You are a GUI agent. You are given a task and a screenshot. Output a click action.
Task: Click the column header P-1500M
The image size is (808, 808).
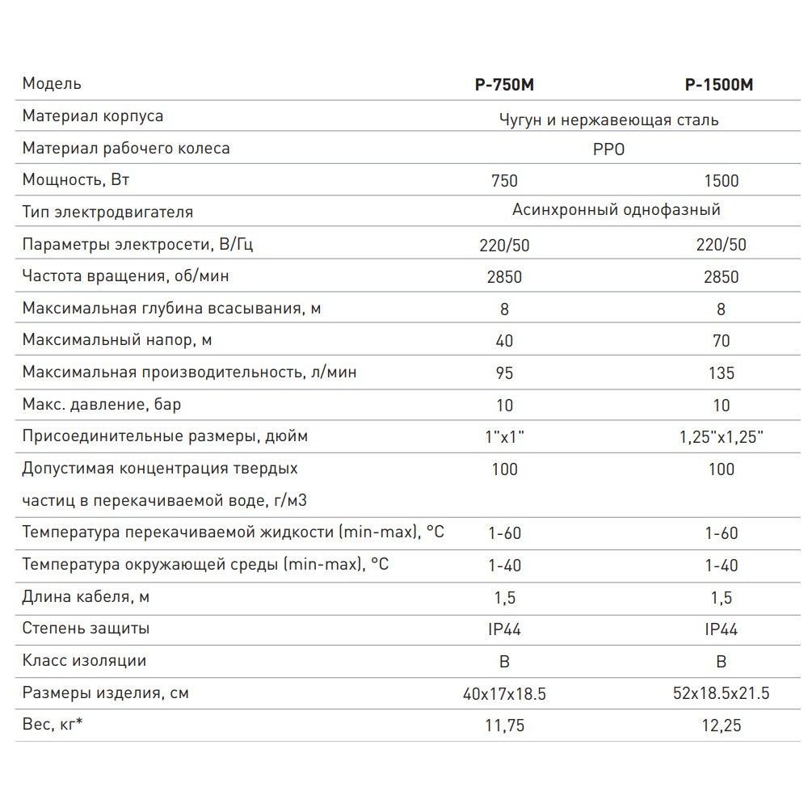pos(718,85)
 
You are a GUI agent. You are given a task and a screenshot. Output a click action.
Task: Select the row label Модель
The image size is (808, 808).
pos(52,84)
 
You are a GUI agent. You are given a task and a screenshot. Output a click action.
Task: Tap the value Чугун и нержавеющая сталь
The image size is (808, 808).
pos(609,120)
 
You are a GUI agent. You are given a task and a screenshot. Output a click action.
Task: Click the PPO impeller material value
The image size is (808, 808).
pos(608,149)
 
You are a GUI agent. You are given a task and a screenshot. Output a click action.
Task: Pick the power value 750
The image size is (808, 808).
pos(504,181)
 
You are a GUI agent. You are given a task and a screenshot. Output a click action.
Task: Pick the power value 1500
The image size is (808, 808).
pos(721,181)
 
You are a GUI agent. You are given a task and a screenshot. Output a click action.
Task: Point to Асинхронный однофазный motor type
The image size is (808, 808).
pos(616,211)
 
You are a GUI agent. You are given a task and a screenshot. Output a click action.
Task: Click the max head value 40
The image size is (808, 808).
pos(504,341)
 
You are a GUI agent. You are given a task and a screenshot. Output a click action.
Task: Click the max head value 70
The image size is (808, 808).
pos(721,341)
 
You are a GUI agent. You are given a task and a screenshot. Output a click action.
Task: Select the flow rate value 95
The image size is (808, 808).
pos(504,372)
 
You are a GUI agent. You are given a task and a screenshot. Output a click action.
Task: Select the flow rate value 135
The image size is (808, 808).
pos(721,372)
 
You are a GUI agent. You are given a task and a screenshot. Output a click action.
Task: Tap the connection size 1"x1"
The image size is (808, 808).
pos(504,437)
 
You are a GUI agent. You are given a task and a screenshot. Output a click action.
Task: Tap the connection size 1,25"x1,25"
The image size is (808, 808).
pos(721,437)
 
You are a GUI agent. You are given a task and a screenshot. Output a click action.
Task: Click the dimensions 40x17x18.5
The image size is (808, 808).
pos(504,694)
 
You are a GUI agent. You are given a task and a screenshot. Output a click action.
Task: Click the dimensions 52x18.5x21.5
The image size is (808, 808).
pos(721,694)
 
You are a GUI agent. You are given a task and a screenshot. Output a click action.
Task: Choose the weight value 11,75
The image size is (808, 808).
pos(504,726)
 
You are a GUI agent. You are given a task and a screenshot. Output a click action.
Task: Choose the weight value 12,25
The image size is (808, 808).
pos(721,726)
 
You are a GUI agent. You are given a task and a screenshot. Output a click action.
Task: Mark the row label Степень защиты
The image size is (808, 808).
pos(86,628)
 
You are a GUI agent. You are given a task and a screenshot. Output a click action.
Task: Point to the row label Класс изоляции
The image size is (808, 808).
pos(84,660)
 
